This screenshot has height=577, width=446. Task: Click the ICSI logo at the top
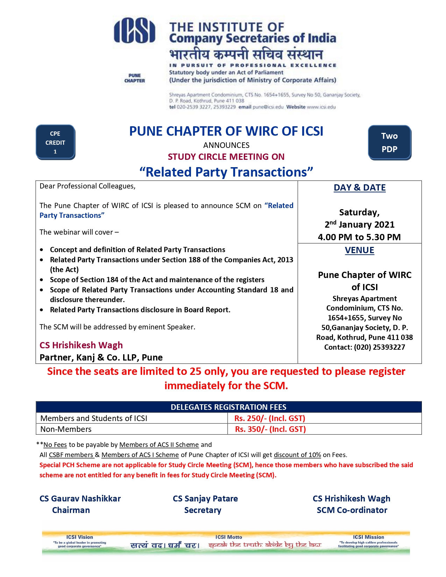tap(135, 31)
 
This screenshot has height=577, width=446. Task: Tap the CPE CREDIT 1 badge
tap(55, 142)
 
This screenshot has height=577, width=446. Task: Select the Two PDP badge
tap(389, 142)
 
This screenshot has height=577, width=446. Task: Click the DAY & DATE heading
tap(360, 188)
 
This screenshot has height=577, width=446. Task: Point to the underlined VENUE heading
tap(360, 250)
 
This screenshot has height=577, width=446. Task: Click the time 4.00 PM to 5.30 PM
tap(359, 237)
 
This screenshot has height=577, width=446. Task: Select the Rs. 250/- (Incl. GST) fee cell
tap(270, 418)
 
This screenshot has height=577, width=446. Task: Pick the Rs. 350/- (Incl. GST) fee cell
tap(270, 429)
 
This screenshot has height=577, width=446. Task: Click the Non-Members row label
tap(66, 429)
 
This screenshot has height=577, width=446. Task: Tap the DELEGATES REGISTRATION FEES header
tap(228, 407)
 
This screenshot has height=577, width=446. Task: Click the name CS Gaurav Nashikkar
tap(80, 499)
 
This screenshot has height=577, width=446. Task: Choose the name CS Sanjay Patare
tap(205, 499)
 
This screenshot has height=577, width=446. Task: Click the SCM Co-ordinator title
tap(352, 510)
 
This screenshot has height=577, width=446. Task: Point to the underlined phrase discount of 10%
tap(297, 455)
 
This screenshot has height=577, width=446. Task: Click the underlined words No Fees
tap(55, 445)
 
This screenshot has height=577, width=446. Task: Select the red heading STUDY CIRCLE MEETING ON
tap(226, 157)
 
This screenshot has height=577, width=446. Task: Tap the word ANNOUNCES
tap(226, 145)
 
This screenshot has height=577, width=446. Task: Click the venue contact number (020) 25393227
tap(379, 347)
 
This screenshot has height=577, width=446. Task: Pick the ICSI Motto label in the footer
tap(228, 537)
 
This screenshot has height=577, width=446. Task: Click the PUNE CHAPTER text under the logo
tap(135, 78)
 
